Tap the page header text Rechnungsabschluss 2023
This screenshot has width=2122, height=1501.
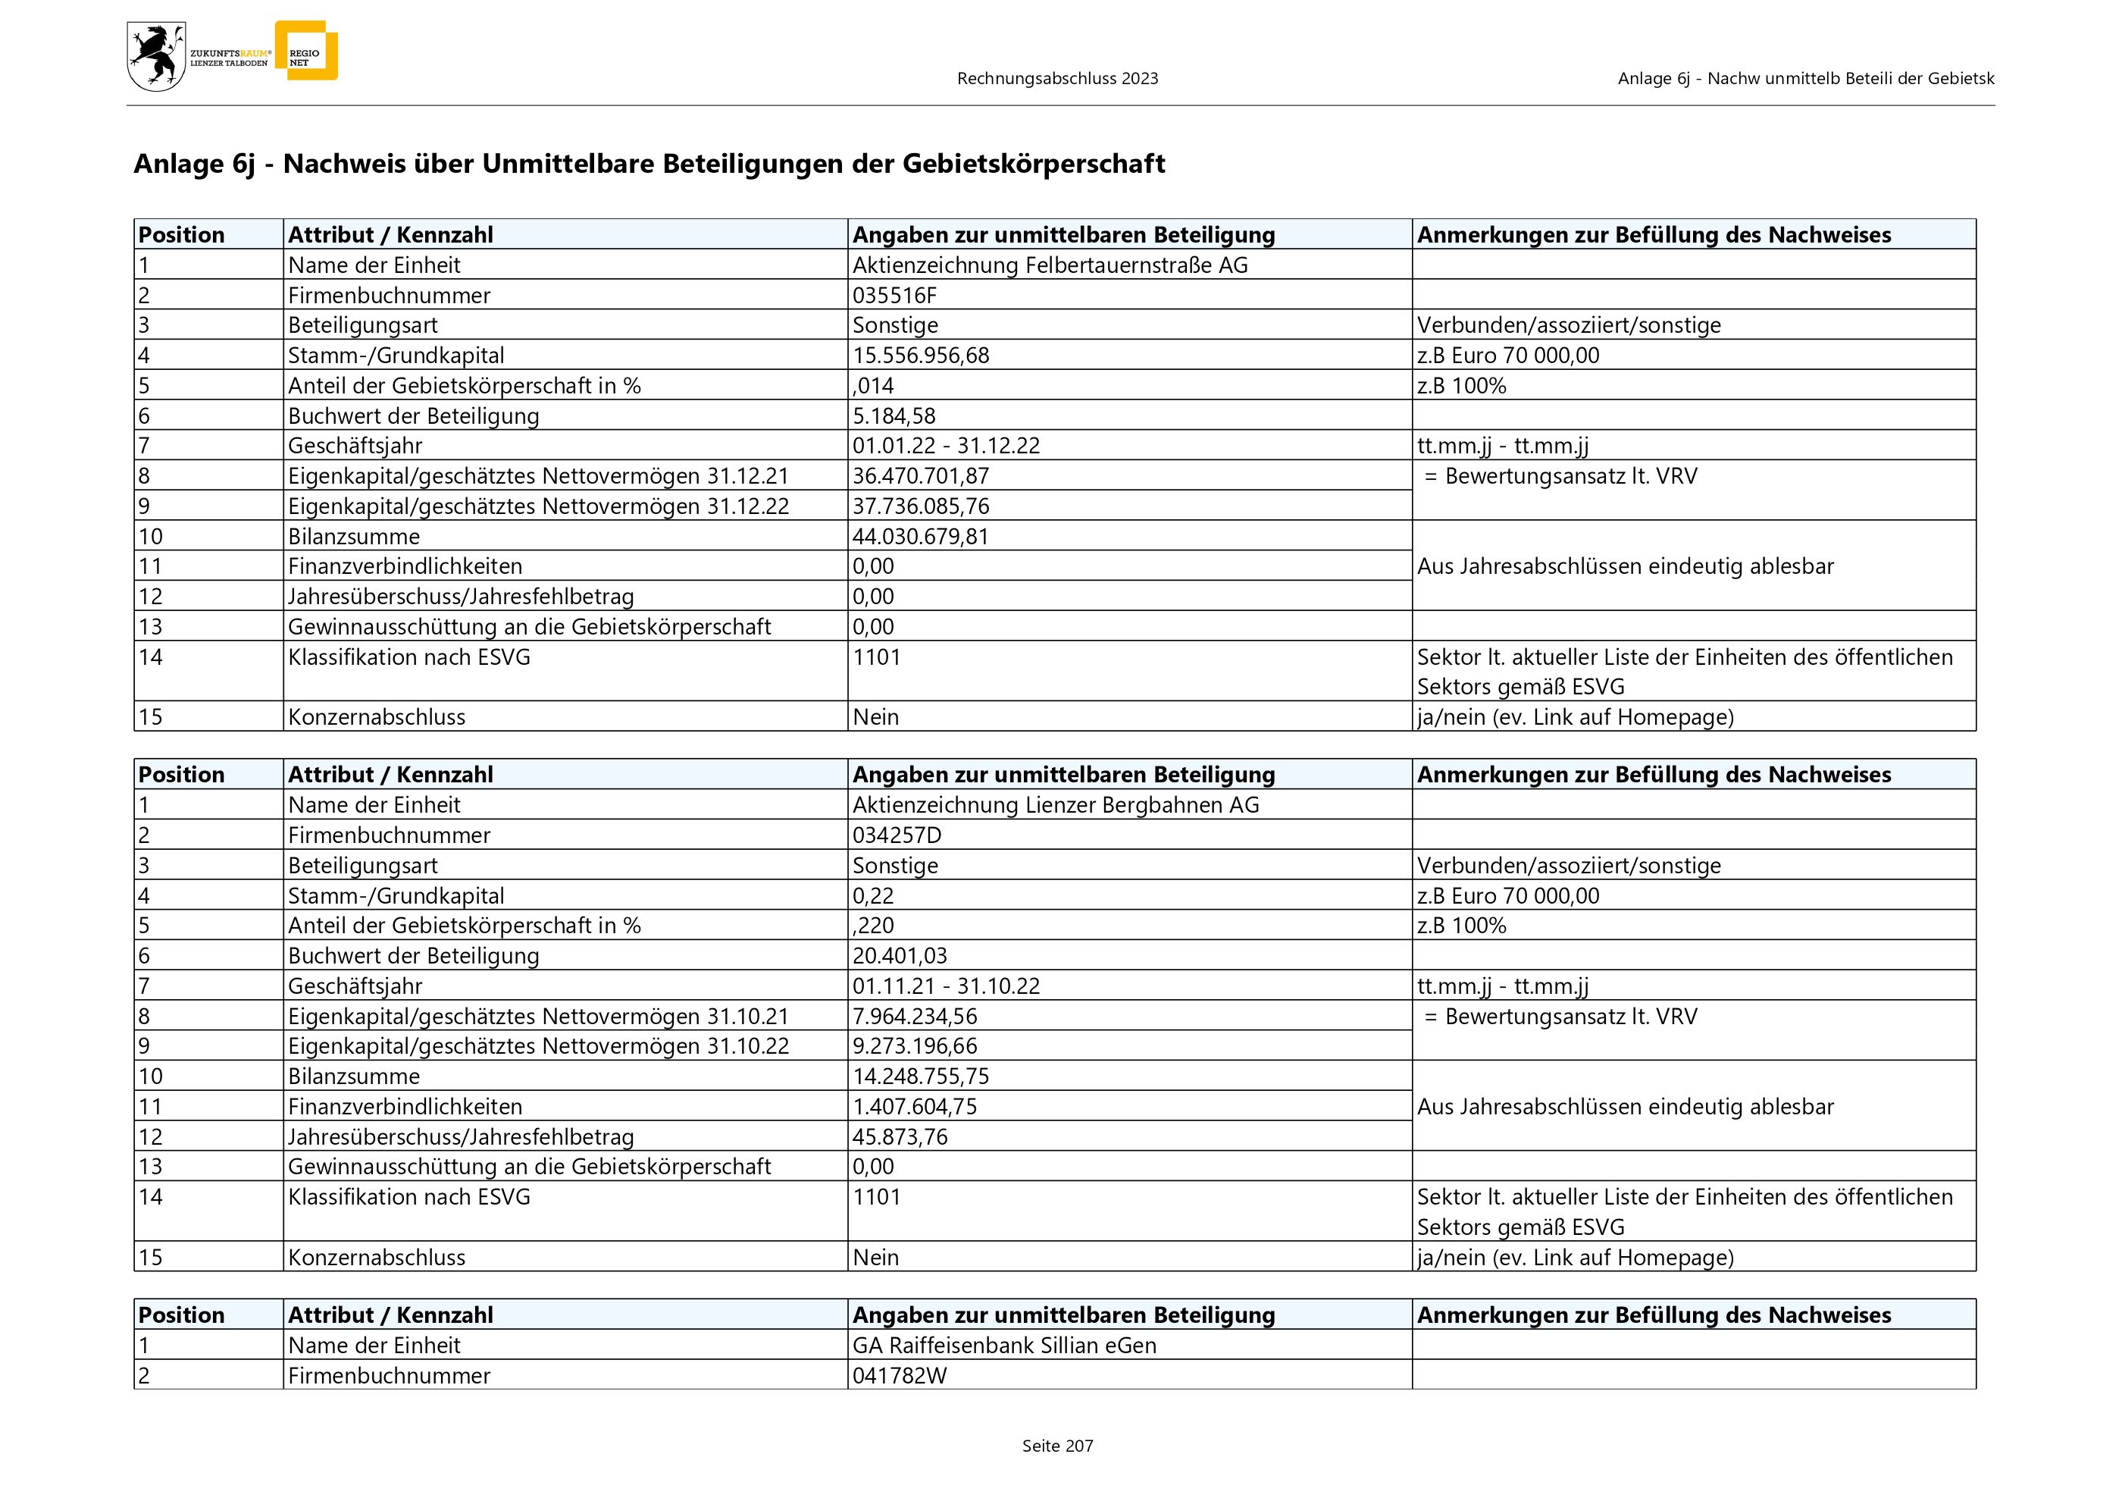pyautogui.click(x=1057, y=79)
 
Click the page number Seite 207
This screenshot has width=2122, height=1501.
pyautogui.click(x=1057, y=1446)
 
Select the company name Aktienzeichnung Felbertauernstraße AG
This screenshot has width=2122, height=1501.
pyautogui.click(x=1050, y=265)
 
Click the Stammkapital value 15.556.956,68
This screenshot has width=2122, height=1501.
pyautogui.click(x=921, y=355)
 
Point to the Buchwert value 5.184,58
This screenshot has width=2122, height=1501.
pyautogui.click(x=894, y=416)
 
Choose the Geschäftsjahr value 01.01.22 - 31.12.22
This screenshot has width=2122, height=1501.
pyautogui.click(x=946, y=446)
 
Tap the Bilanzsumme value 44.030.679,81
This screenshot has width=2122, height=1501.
pyautogui.click(x=921, y=536)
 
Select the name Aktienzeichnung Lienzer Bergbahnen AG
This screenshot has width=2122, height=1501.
pyautogui.click(x=1056, y=805)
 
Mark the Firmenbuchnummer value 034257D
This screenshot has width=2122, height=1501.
pyautogui.click(x=897, y=835)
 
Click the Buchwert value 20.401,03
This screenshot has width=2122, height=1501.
pyautogui.click(x=900, y=956)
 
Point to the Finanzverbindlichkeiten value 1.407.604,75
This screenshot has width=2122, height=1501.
pyautogui.click(x=914, y=1106)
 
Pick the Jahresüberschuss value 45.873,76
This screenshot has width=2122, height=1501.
pyautogui.click(x=900, y=1137)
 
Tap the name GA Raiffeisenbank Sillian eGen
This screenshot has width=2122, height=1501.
pyautogui.click(x=1003, y=1346)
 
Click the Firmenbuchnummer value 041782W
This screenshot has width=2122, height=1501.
pyautogui.click(x=900, y=1376)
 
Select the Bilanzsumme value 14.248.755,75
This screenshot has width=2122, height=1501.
pyautogui.click(x=921, y=1076)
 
